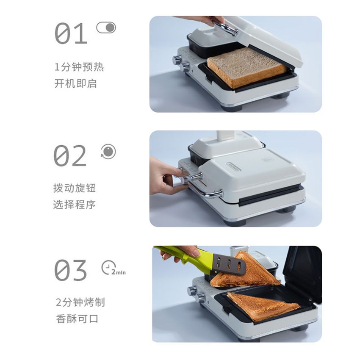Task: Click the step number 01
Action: click(71, 33)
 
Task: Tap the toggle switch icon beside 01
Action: click(106, 28)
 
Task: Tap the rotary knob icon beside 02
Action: click(108, 151)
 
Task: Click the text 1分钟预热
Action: click(79, 67)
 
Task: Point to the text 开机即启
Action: click(75, 83)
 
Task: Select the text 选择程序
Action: click(75, 205)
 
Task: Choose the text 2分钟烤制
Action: click(80, 302)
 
